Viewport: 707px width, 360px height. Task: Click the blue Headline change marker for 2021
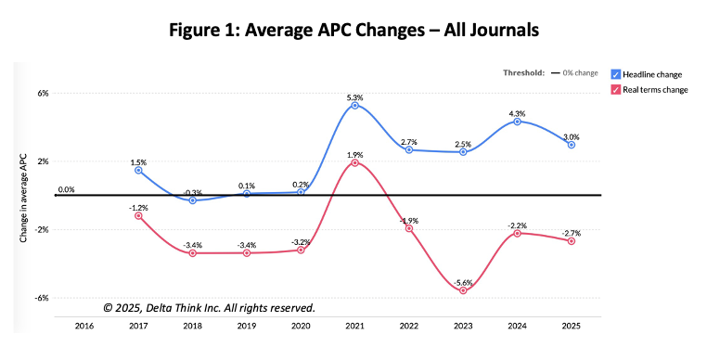tap(354, 106)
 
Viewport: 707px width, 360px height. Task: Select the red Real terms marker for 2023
tap(463, 290)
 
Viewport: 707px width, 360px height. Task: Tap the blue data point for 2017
tap(138, 170)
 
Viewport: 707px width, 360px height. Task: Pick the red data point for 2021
tap(354, 162)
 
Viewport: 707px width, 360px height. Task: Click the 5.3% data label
tap(354, 97)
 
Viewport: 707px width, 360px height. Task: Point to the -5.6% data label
tap(463, 283)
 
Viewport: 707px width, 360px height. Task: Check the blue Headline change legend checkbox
tap(615, 74)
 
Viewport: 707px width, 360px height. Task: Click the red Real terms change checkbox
tap(615, 90)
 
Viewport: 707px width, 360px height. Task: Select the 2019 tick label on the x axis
tap(247, 326)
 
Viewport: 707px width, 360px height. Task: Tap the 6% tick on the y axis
tap(43, 93)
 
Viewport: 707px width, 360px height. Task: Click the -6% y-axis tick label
tap(42, 298)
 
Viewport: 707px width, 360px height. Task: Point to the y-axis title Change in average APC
tap(23, 198)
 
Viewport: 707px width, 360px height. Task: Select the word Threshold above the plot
tap(524, 72)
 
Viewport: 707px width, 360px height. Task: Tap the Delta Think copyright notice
tap(209, 308)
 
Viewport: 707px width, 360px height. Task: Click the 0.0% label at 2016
tap(66, 190)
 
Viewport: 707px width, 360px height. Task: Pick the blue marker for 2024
tap(517, 122)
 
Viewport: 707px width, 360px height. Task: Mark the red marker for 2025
tap(572, 241)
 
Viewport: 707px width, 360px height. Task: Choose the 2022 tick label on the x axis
tap(409, 326)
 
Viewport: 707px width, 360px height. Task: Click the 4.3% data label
tap(517, 114)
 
